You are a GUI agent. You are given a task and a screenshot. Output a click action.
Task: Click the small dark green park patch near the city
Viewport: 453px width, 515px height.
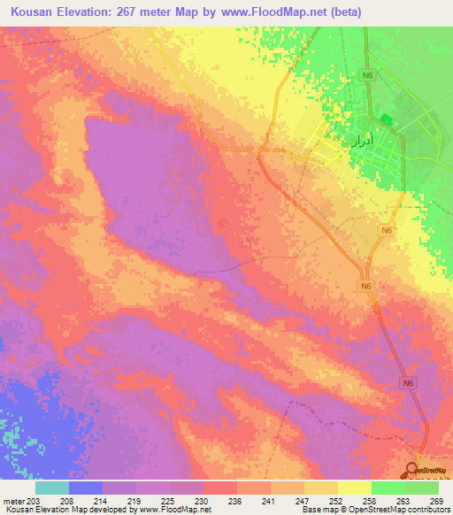click(x=385, y=119)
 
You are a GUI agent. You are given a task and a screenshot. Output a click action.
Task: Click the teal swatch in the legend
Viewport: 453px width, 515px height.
click(x=52, y=488)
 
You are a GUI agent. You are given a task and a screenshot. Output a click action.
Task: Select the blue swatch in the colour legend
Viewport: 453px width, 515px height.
click(x=86, y=488)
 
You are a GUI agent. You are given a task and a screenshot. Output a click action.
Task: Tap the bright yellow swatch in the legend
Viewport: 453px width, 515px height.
click(x=354, y=488)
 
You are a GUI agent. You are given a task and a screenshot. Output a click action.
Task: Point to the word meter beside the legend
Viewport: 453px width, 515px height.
click(x=13, y=500)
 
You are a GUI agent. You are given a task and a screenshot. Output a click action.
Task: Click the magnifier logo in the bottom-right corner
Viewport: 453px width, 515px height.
click(x=413, y=470)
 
